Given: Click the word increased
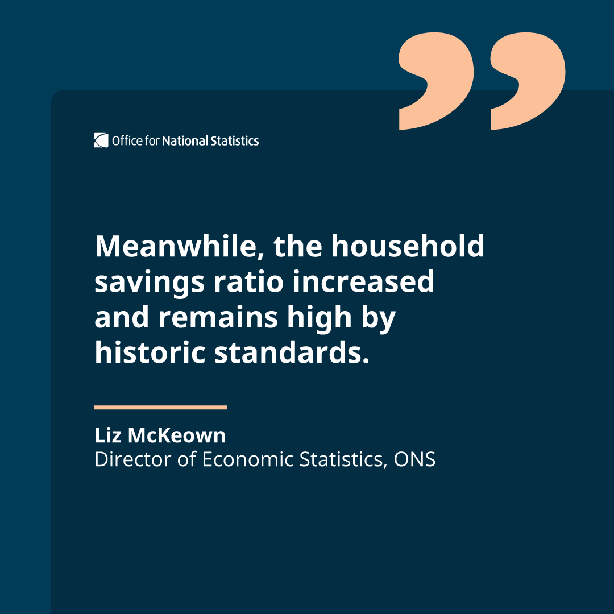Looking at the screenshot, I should (363, 282).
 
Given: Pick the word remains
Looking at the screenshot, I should (218, 317).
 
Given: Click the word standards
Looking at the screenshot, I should (288, 352).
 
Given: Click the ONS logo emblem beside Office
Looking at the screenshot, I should (101, 140).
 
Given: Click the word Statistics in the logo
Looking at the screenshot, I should (235, 140).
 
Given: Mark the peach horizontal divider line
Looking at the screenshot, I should (160, 407).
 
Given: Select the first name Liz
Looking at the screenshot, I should (107, 435).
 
